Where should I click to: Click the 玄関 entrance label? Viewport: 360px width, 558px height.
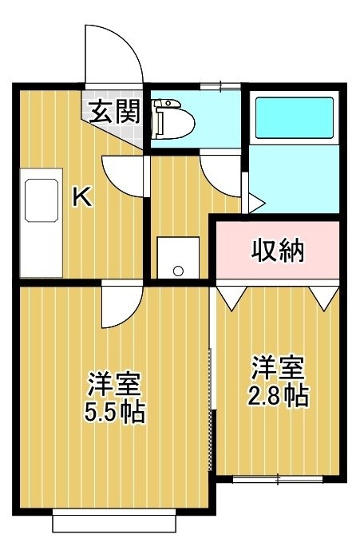(x=114, y=112)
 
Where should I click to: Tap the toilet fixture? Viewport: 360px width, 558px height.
(x=173, y=120)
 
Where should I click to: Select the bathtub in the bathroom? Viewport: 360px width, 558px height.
(x=295, y=117)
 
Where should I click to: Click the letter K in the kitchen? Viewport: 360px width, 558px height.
(x=82, y=197)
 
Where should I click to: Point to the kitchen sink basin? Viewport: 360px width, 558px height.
(x=42, y=200)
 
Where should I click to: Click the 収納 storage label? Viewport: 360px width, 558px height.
(x=278, y=251)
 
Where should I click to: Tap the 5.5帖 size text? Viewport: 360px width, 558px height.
(x=115, y=411)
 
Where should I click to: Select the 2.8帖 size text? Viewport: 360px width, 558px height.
(x=278, y=395)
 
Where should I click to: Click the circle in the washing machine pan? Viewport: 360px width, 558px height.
(x=178, y=271)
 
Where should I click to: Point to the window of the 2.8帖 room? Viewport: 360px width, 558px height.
(x=278, y=479)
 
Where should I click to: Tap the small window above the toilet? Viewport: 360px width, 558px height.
(x=220, y=86)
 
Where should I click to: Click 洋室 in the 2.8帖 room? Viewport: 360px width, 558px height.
(x=278, y=368)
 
